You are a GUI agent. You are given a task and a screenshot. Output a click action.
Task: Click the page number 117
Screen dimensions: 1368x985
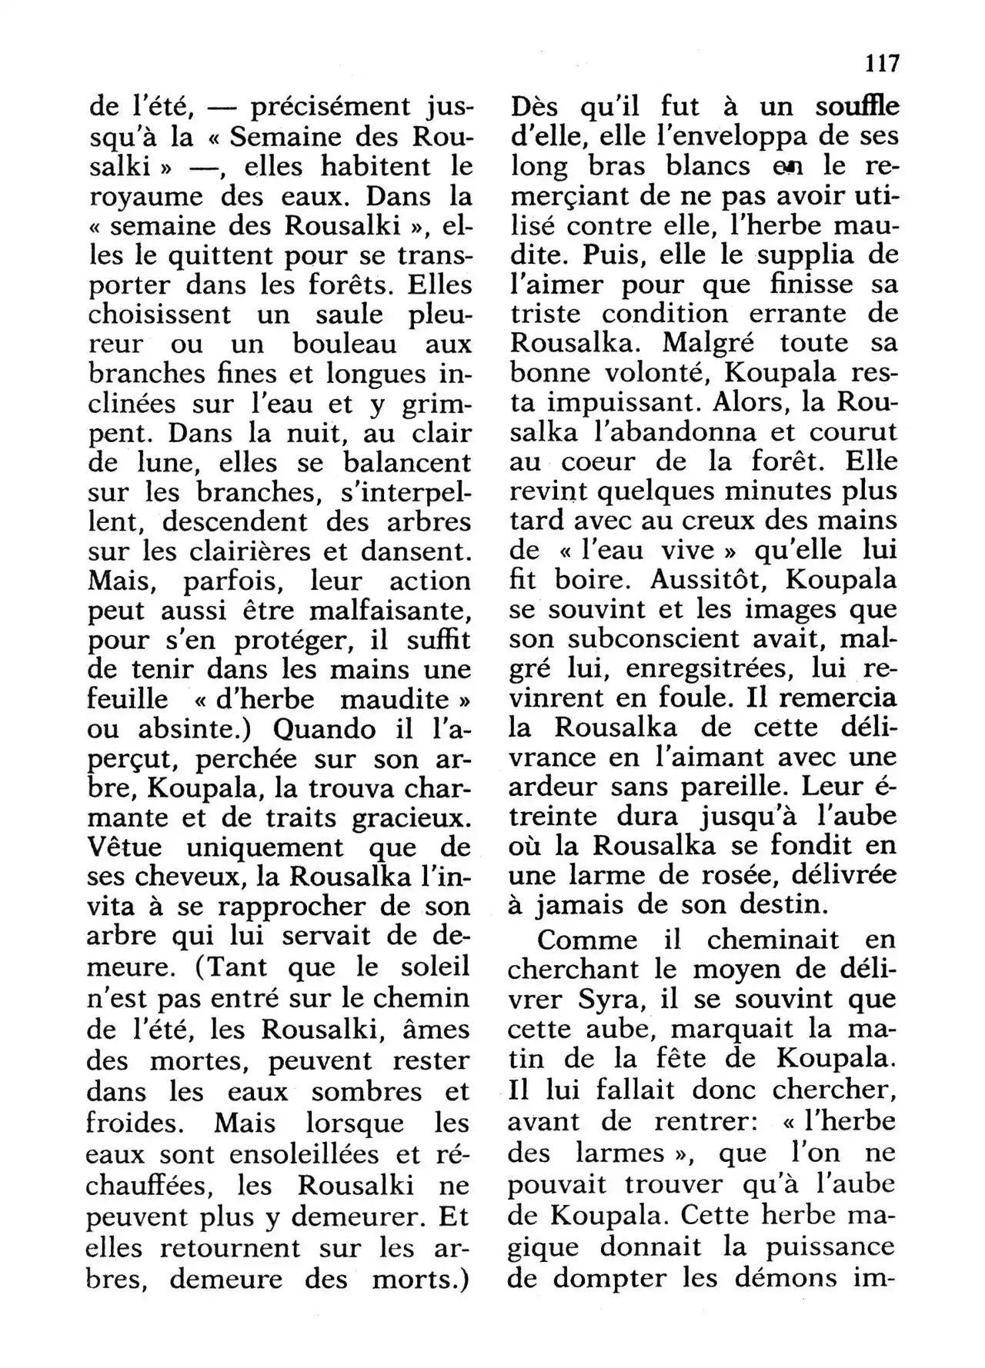(x=880, y=62)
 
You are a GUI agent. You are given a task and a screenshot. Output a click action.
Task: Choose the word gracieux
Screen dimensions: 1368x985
(x=411, y=818)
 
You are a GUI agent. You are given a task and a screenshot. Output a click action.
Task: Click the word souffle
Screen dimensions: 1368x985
(x=857, y=107)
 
